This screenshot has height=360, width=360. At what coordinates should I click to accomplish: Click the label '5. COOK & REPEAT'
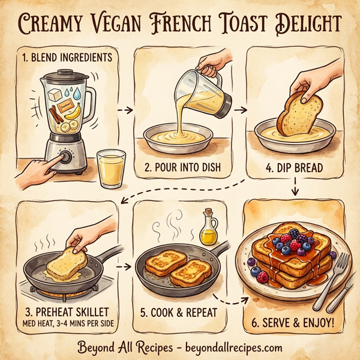pyautogui.click(x=180, y=313)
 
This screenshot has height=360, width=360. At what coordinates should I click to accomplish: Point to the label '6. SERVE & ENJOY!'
pyautogui.click(x=297, y=322)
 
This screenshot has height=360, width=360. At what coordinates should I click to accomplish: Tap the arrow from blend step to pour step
pyautogui.click(x=124, y=110)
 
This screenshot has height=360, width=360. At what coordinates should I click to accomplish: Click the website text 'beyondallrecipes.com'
pyautogui.click(x=226, y=347)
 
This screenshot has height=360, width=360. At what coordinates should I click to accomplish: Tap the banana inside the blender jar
pyautogui.click(x=71, y=112)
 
